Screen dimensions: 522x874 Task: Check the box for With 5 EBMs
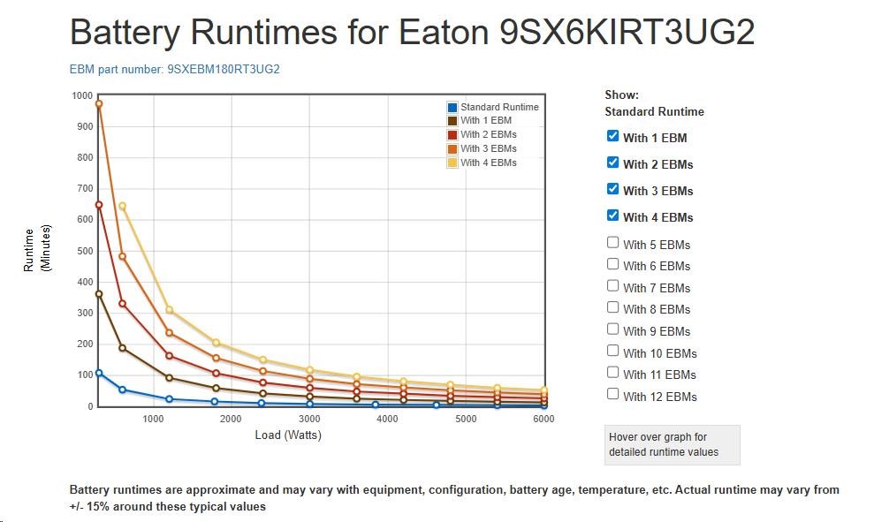(612, 243)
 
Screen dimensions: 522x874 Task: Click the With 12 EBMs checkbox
(612, 395)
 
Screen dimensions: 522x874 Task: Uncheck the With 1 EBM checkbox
(612, 136)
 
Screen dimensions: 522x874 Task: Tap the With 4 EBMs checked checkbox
(612, 216)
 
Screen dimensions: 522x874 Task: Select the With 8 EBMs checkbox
(612, 307)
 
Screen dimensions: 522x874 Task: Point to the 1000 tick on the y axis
(82, 95)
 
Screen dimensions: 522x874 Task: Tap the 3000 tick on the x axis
(309, 419)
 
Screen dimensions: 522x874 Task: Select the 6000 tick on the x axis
(543, 419)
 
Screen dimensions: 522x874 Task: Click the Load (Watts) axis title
(288, 435)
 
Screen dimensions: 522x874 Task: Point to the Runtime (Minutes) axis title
(34, 249)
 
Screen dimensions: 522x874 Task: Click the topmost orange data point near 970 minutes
(99, 104)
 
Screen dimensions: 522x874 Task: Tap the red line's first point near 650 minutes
(99, 205)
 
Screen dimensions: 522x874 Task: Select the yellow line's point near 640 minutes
(123, 207)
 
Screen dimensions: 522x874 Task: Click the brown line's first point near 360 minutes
(99, 294)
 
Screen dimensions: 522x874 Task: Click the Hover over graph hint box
(672, 444)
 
